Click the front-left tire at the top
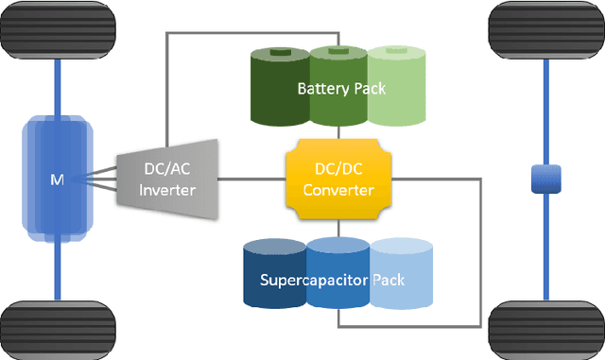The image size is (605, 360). (58, 29)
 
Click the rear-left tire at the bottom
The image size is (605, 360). (58, 330)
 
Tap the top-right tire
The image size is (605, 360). (545, 29)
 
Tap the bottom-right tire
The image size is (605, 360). (545, 330)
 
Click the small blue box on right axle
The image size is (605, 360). (546, 178)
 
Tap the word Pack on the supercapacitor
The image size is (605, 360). (389, 281)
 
